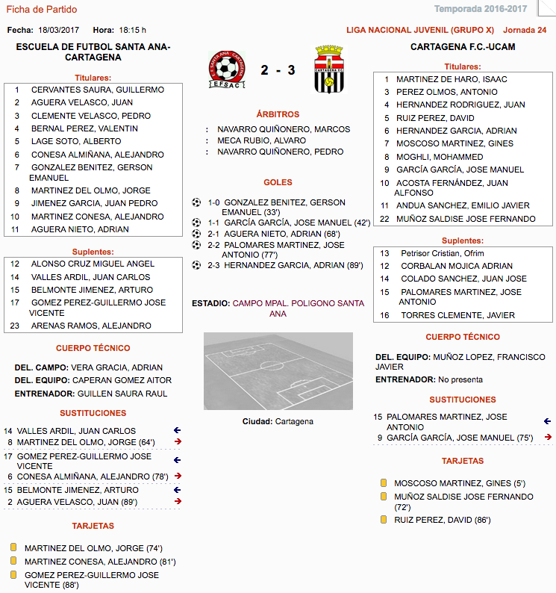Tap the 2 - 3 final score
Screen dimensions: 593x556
click(278, 71)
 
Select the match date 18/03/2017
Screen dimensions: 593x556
click(59, 30)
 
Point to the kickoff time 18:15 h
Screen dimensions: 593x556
click(133, 30)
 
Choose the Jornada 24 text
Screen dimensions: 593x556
click(525, 30)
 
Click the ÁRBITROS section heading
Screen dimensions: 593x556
click(278, 114)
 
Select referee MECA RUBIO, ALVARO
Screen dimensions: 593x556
click(263, 140)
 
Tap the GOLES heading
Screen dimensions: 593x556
click(278, 182)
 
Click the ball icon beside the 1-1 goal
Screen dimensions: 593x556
click(197, 223)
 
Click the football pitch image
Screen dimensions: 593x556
click(278, 371)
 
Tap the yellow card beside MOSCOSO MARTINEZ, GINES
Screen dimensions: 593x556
click(384, 483)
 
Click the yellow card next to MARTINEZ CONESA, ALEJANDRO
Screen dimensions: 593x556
click(13, 561)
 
